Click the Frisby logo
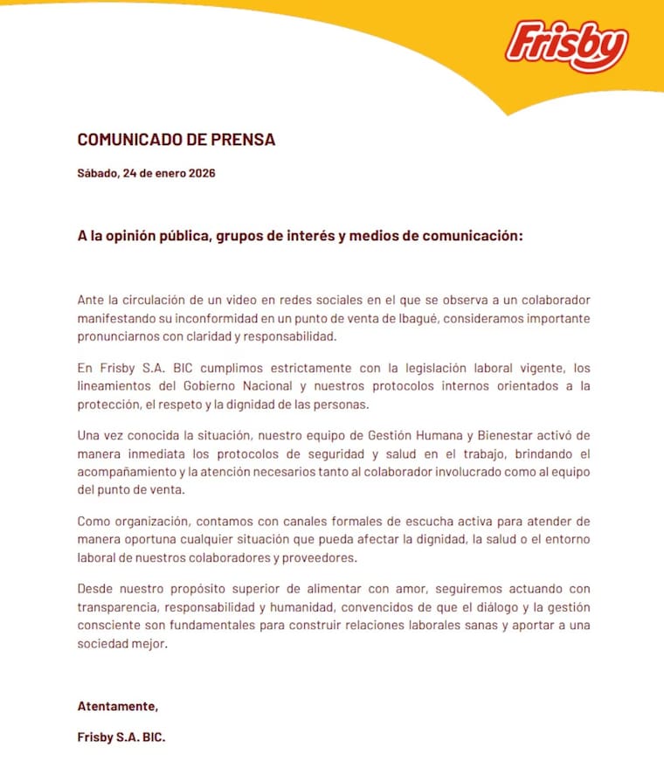tap(566, 45)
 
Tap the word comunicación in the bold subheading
tap(467, 238)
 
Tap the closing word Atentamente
tap(118, 706)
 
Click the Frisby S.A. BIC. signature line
tap(121, 737)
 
